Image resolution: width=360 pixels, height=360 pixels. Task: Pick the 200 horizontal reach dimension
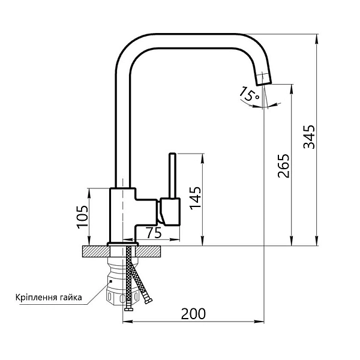[x=193, y=313]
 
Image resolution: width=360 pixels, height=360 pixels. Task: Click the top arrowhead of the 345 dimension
[x=316, y=38]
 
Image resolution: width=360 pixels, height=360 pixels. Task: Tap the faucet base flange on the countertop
[x=122, y=244]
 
